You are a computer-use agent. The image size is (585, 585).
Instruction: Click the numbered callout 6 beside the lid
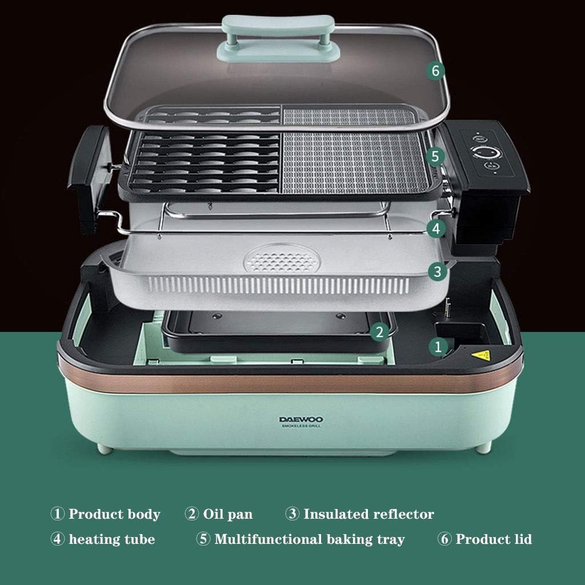click(x=435, y=71)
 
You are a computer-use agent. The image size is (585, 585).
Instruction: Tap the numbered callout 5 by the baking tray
click(x=435, y=155)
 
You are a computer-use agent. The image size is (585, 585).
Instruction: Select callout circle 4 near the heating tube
click(x=436, y=229)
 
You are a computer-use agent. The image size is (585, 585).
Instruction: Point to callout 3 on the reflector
click(x=437, y=271)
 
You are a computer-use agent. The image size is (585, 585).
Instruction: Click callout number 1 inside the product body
click(x=438, y=346)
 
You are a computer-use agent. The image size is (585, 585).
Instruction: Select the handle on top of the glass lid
click(x=278, y=37)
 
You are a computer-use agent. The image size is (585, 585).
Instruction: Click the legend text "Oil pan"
click(x=227, y=514)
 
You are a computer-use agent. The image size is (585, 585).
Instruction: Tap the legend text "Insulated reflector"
click(x=368, y=514)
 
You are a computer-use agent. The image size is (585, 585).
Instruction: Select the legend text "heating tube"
click(x=111, y=539)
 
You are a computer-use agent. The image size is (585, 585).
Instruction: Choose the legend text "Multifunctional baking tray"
click(x=309, y=539)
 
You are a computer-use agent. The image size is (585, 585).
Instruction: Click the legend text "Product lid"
click(x=494, y=539)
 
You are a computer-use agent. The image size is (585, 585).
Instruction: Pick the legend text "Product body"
click(x=114, y=514)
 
